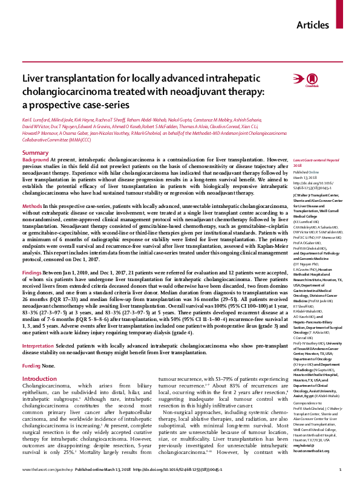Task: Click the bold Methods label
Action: (x=31, y=207)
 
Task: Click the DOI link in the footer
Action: (x=192, y=470)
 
